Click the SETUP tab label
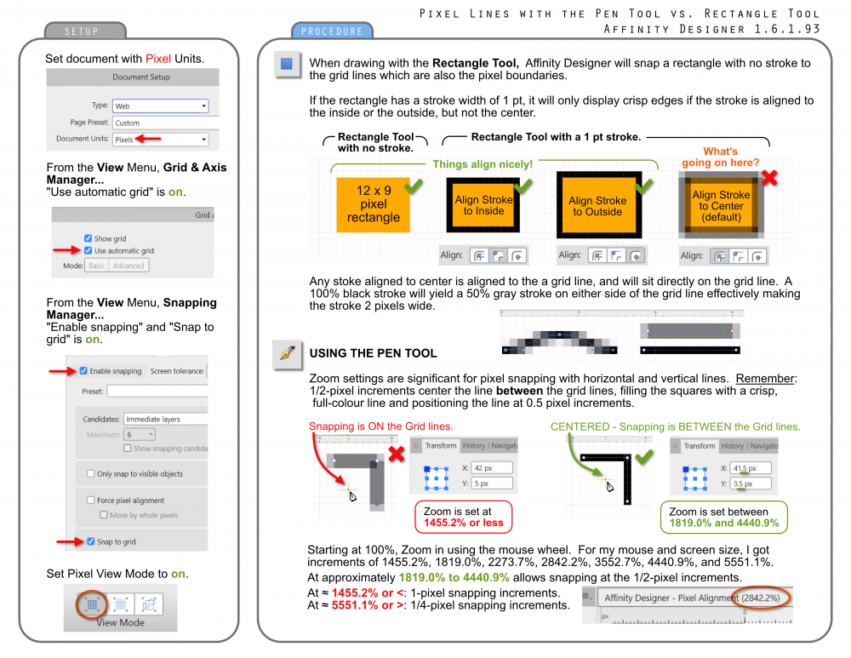(x=82, y=31)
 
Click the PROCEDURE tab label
(x=332, y=31)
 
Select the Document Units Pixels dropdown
(x=161, y=139)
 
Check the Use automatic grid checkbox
(x=89, y=251)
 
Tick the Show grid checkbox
(x=89, y=239)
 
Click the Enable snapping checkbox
(x=83, y=371)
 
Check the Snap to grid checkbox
(x=91, y=541)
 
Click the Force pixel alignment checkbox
(x=91, y=501)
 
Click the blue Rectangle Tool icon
(x=287, y=65)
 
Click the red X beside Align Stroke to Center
(x=768, y=177)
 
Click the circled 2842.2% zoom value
(x=762, y=598)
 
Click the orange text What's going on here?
(x=720, y=157)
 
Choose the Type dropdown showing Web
(x=161, y=106)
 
